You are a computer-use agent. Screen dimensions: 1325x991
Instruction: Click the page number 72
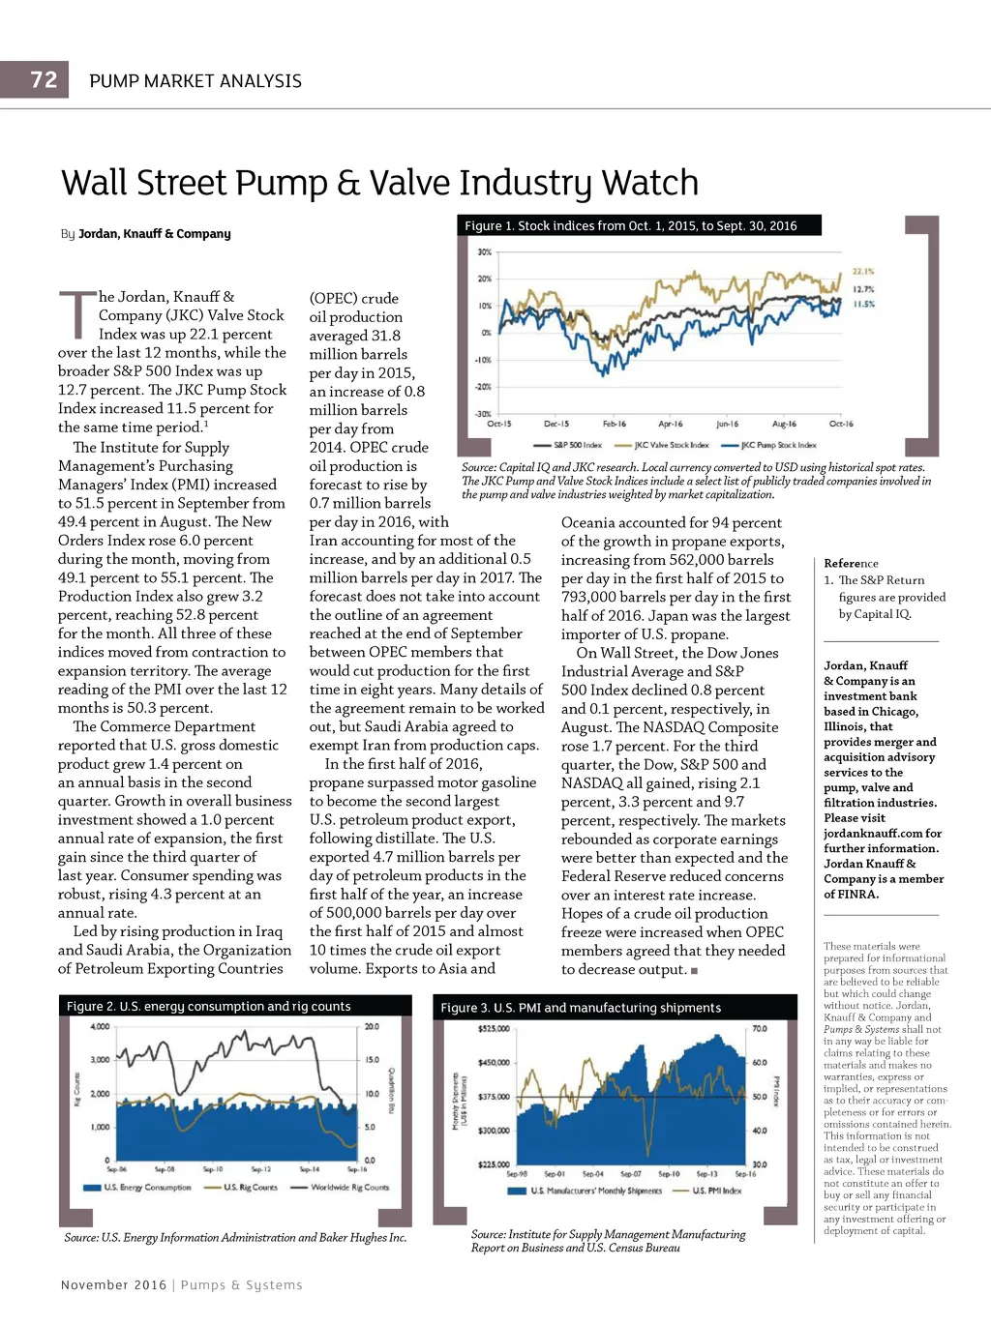(44, 80)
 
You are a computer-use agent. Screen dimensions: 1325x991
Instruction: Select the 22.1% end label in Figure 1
(862, 272)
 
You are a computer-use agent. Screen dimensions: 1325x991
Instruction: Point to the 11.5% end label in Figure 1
(863, 304)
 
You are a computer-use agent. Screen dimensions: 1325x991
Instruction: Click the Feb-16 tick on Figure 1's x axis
(615, 424)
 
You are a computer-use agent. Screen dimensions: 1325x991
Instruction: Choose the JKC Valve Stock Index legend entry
(671, 446)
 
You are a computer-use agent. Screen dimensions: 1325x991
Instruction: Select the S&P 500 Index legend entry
(577, 446)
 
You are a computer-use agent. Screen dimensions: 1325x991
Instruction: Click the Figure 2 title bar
(208, 1006)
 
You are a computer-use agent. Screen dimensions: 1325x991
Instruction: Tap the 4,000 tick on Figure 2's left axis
(100, 1026)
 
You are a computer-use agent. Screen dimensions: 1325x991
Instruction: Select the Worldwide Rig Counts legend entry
(349, 1187)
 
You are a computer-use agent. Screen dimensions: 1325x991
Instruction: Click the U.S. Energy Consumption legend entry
(148, 1187)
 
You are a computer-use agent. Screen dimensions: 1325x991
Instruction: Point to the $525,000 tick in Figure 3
(494, 1028)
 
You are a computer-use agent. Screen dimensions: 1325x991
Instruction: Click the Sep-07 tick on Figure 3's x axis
(631, 1174)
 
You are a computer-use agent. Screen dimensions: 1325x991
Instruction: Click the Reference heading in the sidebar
(851, 563)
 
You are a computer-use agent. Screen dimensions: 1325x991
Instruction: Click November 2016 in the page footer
(113, 1284)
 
